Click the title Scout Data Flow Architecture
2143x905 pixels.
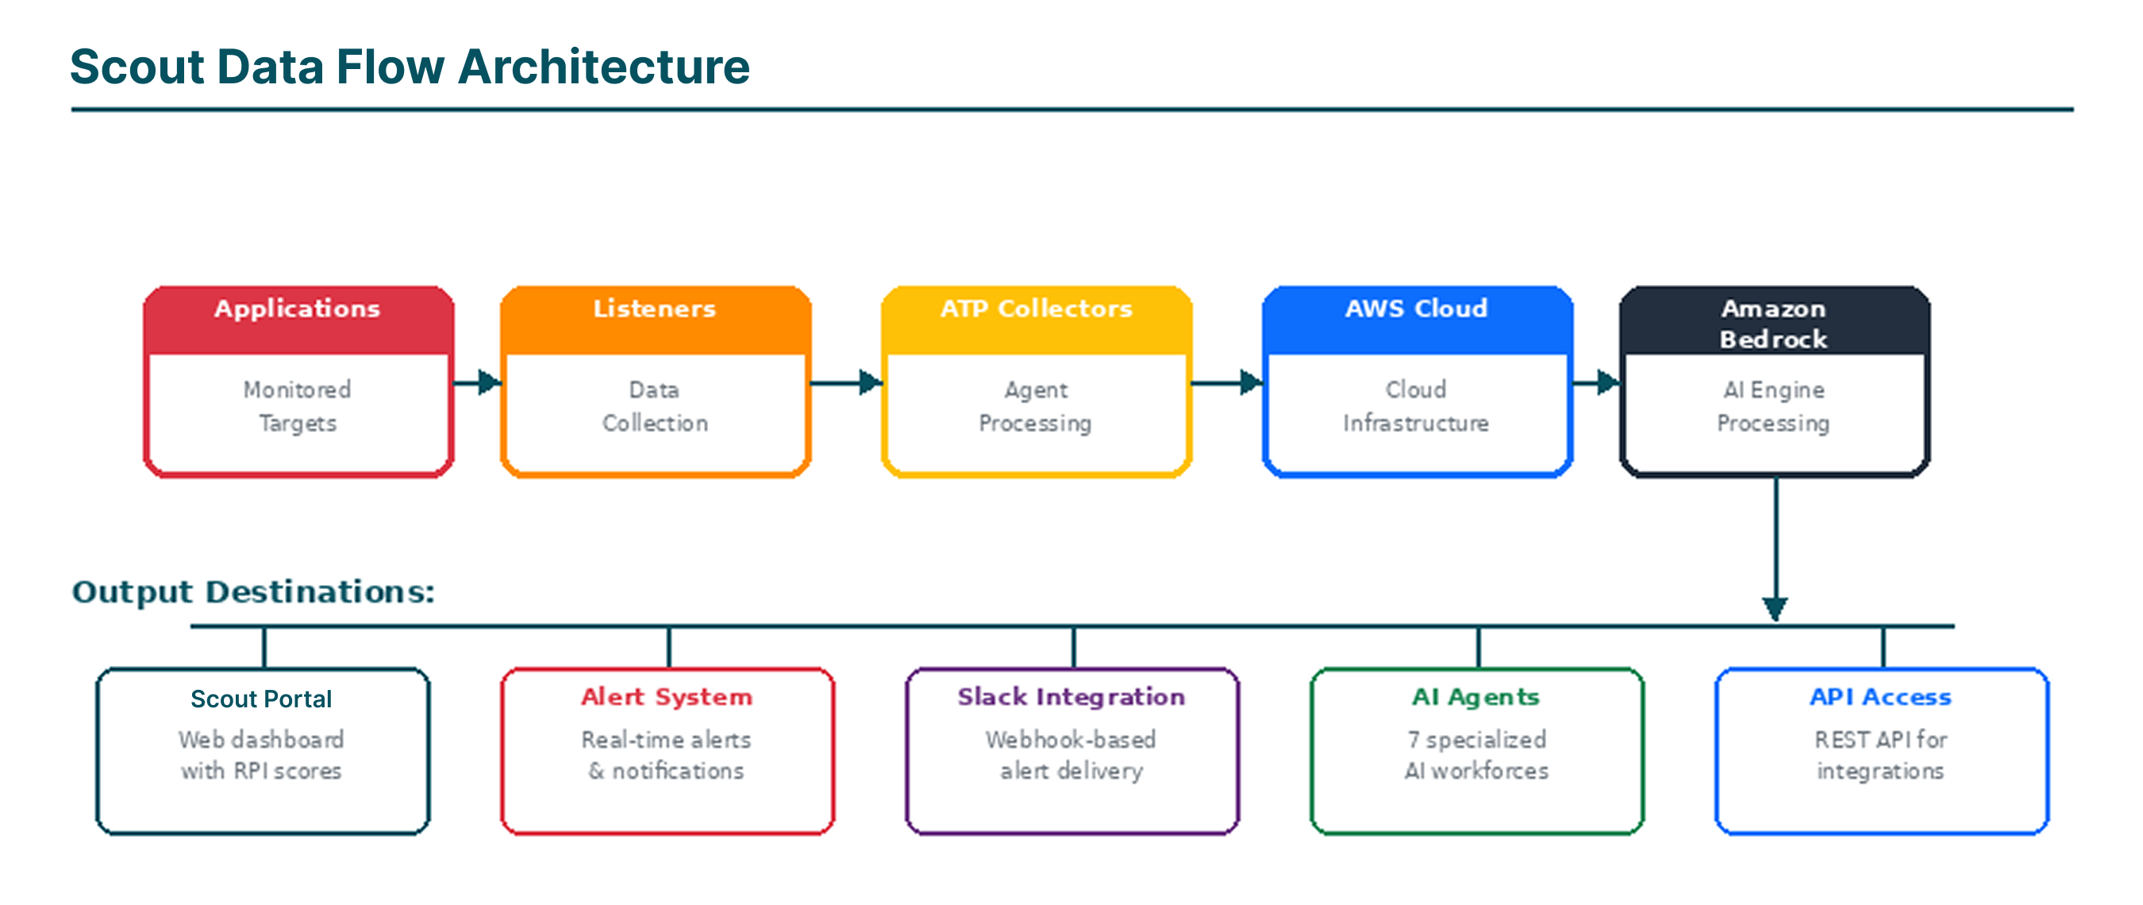410,67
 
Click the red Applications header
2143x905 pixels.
297,310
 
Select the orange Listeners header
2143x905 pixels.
655,310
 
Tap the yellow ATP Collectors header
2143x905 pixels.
1036,310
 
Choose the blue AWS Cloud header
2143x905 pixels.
1416,310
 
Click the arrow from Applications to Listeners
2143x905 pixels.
479,383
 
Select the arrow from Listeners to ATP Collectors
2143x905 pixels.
847,383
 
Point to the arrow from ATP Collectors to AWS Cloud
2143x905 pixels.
1228,383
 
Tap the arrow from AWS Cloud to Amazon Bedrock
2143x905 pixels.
1596,383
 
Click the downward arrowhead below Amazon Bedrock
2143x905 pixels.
1775,609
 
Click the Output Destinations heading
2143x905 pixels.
253,592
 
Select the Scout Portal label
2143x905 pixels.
261,699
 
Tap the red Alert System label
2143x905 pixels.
667,697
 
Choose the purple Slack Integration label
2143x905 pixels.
1071,697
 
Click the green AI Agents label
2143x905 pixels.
1475,697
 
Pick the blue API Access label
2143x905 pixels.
1880,697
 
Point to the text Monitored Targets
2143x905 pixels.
297,406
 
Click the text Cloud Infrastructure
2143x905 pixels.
1416,406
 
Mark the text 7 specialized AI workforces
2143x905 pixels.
1476,755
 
